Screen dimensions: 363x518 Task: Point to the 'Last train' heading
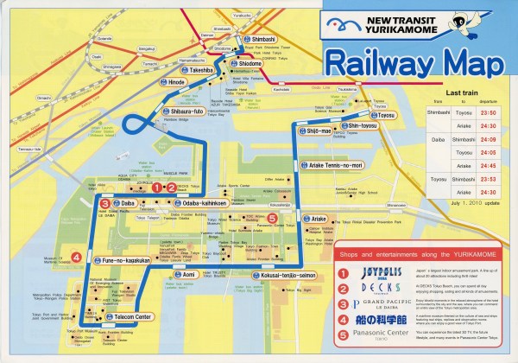(468, 91)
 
